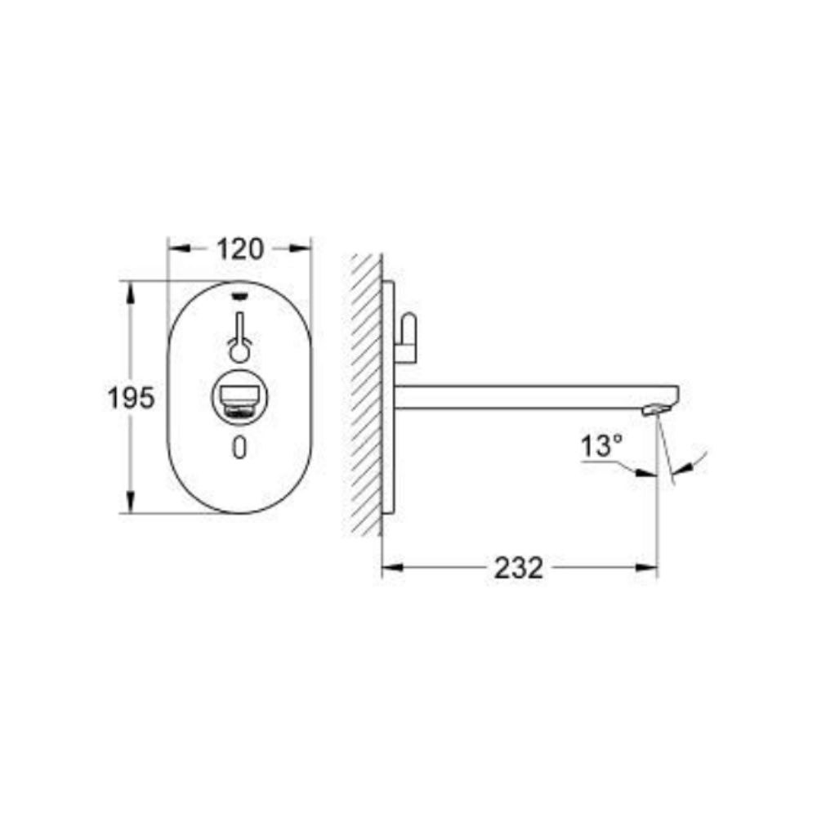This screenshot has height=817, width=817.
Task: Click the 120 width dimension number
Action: coord(240,249)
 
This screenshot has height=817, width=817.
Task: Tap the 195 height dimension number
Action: coord(131,398)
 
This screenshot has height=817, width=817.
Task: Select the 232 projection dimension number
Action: coord(519,568)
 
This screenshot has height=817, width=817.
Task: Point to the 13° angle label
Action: coord(601,446)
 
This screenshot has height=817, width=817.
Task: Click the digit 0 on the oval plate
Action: coord(239,448)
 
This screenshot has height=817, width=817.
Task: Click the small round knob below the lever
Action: coord(239,353)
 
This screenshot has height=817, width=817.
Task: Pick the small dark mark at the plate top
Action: coord(239,296)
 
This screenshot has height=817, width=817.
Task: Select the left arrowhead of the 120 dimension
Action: coord(179,249)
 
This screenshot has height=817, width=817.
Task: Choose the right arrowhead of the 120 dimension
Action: coord(300,249)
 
